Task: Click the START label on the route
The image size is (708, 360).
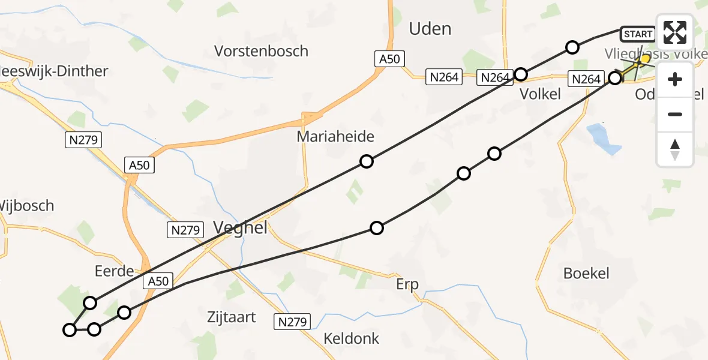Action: (x=638, y=34)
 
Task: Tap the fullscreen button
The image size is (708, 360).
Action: (x=675, y=32)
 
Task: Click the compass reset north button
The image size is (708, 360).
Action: (x=675, y=149)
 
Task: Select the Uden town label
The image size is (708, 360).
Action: (x=430, y=28)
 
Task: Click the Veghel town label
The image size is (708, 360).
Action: (x=241, y=227)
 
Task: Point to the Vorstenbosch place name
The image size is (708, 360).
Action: (x=263, y=51)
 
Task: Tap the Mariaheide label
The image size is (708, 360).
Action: (x=335, y=137)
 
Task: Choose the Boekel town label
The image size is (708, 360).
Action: (x=586, y=274)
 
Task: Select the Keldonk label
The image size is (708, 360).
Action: (x=352, y=338)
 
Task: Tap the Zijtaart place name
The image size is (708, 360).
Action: (x=231, y=317)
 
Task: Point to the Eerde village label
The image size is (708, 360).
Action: (x=115, y=271)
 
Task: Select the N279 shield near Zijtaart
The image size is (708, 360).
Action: (x=293, y=322)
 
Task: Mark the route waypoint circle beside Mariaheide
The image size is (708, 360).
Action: (x=367, y=161)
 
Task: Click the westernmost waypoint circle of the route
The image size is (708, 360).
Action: (x=70, y=329)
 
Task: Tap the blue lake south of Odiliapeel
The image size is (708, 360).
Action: (x=603, y=138)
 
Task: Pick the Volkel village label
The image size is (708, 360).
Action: (x=540, y=94)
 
